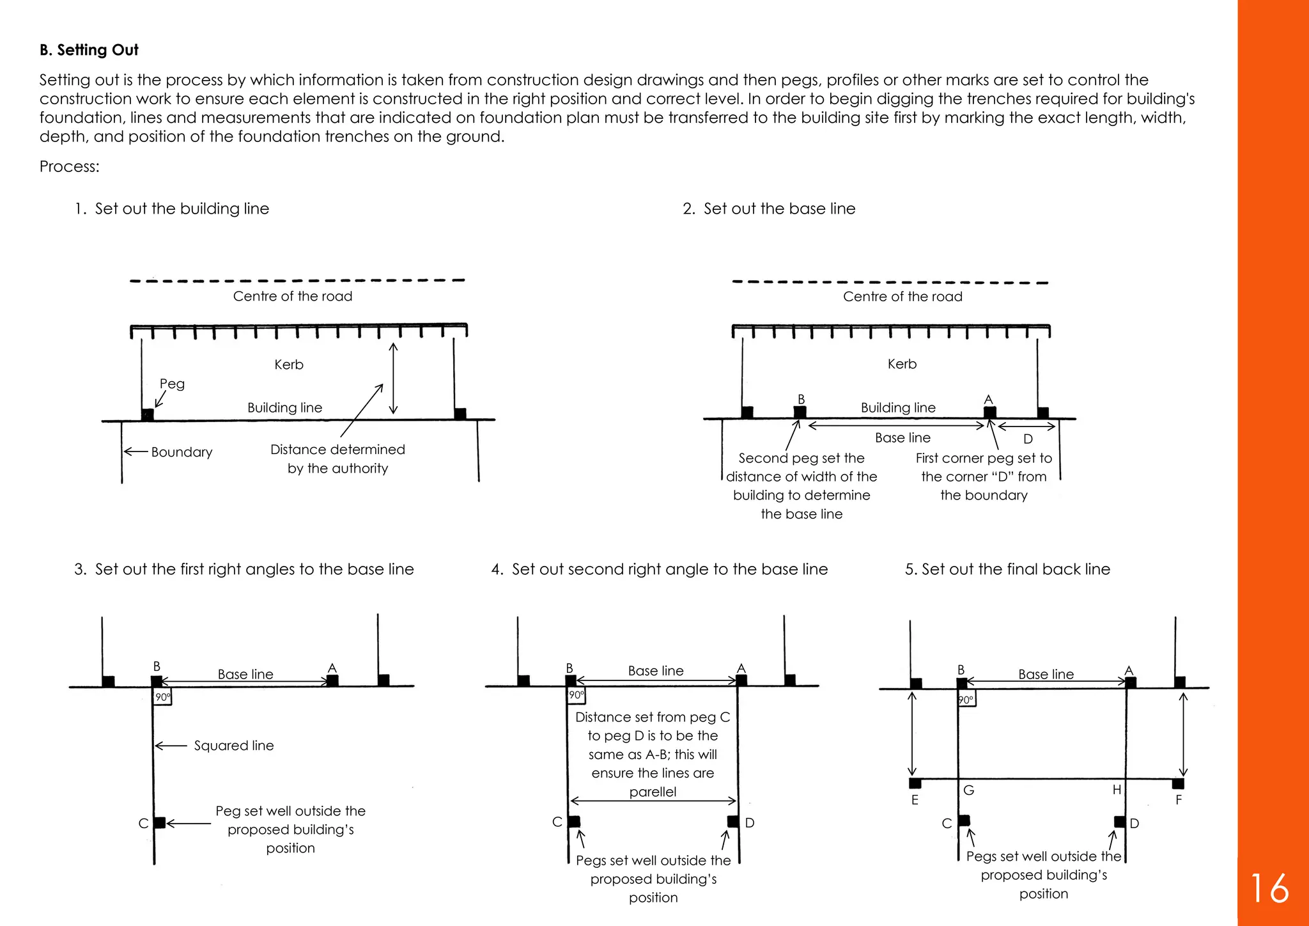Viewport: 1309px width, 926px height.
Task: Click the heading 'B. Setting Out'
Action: pyautogui.click(x=89, y=50)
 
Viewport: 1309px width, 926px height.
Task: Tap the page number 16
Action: pyautogui.click(x=1269, y=888)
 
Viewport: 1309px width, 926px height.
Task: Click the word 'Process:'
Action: pyautogui.click(x=69, y=166)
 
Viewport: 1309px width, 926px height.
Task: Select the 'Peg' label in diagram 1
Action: pyautogui.click(x=172, y=384)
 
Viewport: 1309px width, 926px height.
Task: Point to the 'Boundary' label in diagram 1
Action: pyautogui.click(x=182, y=452)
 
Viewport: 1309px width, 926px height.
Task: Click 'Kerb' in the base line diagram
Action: pyautogui.click(x=902, y=364)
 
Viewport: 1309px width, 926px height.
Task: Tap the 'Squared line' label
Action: pyautogui.click(x=233, y=746)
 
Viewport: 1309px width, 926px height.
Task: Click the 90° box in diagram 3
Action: pyautogui.click(x=163, y=697)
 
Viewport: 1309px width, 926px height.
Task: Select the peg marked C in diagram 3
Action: pyautogui.click(x=159, y=822)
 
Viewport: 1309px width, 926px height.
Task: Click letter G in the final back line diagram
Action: pyautogui.click(x=969, y=790)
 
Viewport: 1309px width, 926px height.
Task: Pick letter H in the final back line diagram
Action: pyautogui.click(x=1117, y=790)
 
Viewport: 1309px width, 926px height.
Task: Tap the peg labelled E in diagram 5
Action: pyautogui.click(x=915, y=783)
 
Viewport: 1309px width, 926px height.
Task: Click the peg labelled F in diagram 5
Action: pyautogui.click(x=1178, y=783)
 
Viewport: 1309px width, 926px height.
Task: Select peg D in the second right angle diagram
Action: pyautogui.click(x=733, y=821)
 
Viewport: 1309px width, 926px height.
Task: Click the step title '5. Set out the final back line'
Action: pyautogui.click(x=1007, y=569)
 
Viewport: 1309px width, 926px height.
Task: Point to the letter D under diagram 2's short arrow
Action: pyautogui.click(x=1028, y=439)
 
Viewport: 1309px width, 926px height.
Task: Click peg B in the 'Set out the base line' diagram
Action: pyautogui.click(x=800, y=412)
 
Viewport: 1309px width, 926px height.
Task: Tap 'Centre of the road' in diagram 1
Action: pyautogui.click(x=293, y=296)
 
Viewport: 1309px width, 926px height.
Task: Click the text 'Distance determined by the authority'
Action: pyautogui.click(x=337, y=459)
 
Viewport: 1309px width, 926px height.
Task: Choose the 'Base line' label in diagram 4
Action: pyautogui.click(x=656, y=671)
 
